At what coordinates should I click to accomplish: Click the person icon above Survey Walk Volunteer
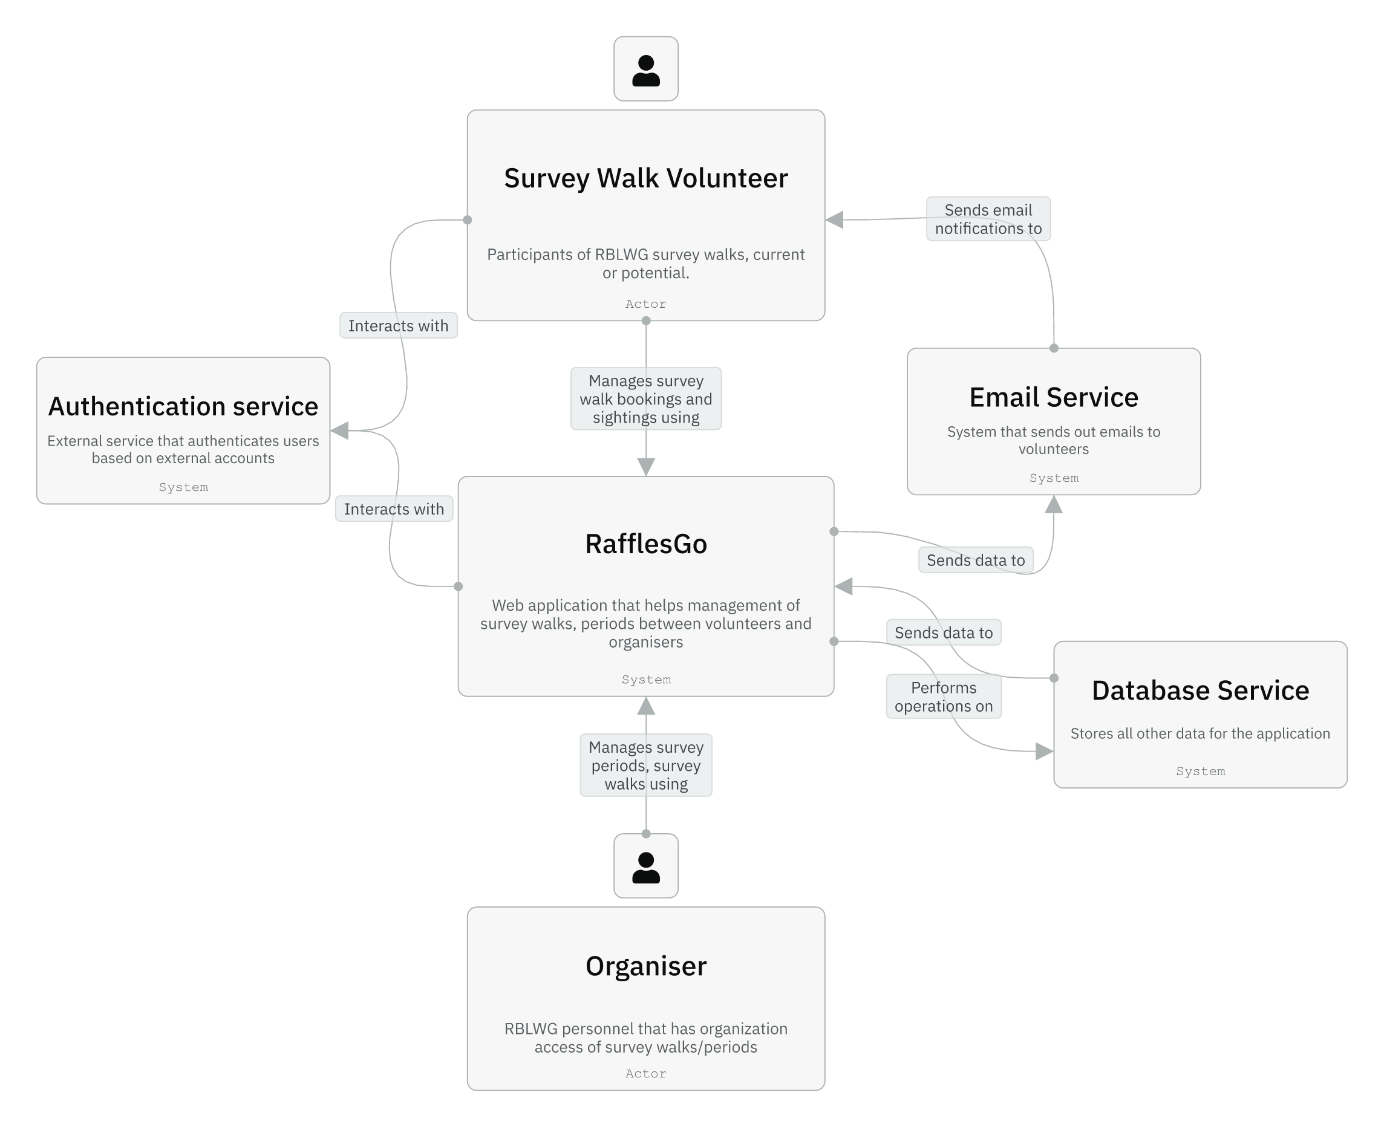coord(645,69)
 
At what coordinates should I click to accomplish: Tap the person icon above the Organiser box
coord(645,865)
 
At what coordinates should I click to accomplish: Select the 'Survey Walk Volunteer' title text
coord(645,178)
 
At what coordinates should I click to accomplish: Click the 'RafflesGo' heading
coord(645,544)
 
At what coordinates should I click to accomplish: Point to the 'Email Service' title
coord(1053,397)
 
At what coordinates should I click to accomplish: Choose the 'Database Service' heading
coord(1200,690)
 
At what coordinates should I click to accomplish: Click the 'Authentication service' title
coord(183,406)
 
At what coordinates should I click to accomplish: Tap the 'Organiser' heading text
coord(645,966)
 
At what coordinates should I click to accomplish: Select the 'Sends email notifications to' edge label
coord(988,219)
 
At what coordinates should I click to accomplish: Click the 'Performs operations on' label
coord(944,697)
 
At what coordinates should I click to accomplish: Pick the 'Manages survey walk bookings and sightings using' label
coord(645,398)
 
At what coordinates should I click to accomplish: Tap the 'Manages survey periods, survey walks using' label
coord(645,765)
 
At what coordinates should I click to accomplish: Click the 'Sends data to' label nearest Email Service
coord(976,560)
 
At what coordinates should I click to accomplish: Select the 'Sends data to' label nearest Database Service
coord(944,632)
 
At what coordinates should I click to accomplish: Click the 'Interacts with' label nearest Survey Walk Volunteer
coord(398,325)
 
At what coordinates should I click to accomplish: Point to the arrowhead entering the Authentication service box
coord(340,430)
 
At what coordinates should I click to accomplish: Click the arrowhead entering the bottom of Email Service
coord(1053,504)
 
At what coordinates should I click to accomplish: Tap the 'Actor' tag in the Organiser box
coord(645,1073)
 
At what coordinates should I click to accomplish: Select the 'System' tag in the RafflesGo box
coord(645,679)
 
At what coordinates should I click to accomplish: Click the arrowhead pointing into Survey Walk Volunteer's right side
coord(835,220)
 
